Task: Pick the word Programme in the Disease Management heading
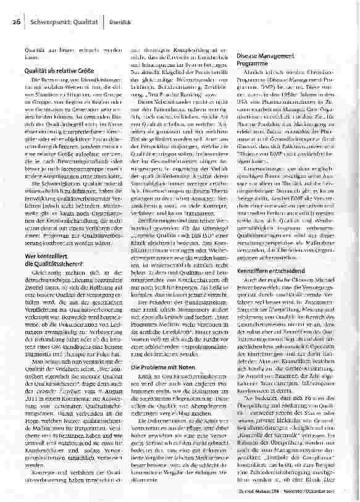pyautogui.click(x=253, y=63)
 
